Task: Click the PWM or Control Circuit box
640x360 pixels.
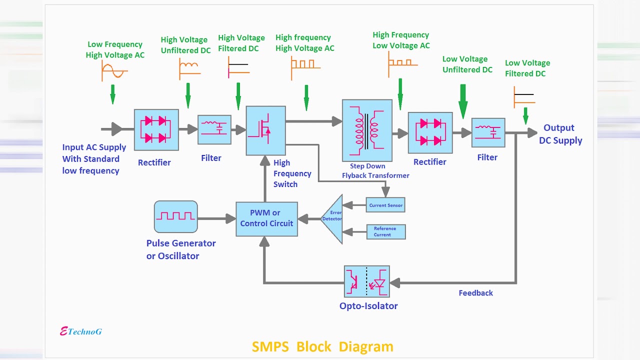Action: coord(266,219)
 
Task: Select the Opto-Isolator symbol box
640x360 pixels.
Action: coord(366,281)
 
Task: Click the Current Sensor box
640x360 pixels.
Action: coord(385,205)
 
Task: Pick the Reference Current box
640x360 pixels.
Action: coord(385,231)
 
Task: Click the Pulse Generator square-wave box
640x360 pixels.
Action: coord(175,216)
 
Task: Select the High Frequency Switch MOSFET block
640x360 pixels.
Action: coord(265,130)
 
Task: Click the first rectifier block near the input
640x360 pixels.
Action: coord(156,130)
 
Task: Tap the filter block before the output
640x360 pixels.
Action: coord(488,132)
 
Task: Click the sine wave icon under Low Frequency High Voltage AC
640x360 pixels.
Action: coord(114,71)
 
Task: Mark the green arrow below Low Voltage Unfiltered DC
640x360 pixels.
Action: coord(463,101)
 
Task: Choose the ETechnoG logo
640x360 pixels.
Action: coord(81,331)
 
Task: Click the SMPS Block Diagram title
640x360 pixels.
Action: coord(322,346)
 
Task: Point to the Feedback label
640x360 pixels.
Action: coord(475,293)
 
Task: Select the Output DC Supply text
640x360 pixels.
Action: coord(560,134)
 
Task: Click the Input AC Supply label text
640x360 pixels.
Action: coord(94,158)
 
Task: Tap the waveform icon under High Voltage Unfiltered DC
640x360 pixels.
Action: coord(189,69)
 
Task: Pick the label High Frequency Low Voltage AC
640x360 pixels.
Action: coord(401,40)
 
